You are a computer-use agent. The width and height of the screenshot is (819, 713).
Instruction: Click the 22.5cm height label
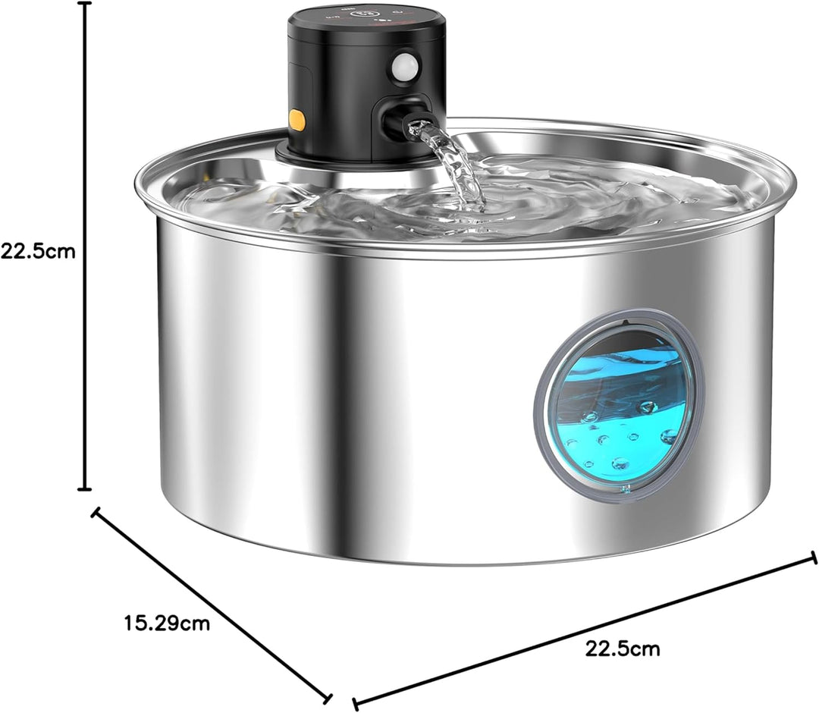(x=38, y=251)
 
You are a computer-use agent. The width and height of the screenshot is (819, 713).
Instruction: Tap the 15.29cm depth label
(x=167, y=623)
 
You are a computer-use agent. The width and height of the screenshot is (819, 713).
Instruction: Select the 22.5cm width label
(x=622, y=649)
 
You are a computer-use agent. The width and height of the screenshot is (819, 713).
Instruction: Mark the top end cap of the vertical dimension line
(x=85, y=3)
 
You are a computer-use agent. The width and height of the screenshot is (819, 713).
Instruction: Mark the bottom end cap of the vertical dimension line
(x=85, y=489)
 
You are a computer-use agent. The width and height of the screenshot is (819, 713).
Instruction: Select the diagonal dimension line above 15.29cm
(x=212, y=606)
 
